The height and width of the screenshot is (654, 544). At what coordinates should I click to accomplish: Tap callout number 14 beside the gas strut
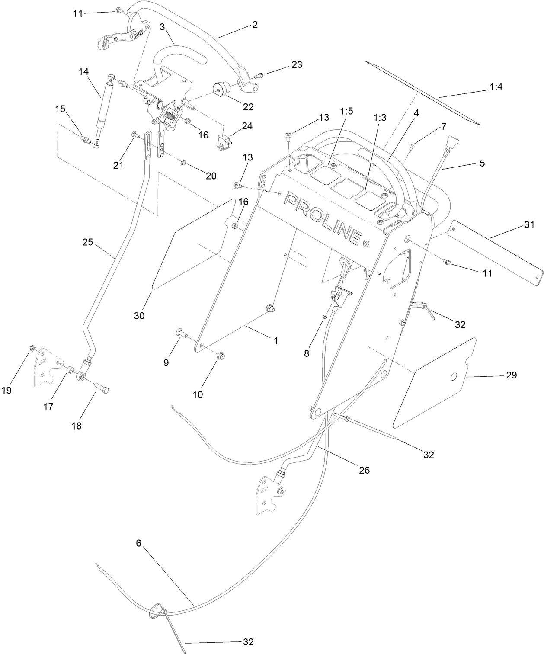[x=84, y=71]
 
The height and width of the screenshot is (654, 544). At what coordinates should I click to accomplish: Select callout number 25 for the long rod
[x=88, y=243]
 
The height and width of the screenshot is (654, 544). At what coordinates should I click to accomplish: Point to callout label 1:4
[x=496, y=87]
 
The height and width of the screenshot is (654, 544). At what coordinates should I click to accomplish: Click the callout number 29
[x=511, y=375]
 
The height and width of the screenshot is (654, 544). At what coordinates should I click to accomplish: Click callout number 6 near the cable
[x=138, y=543]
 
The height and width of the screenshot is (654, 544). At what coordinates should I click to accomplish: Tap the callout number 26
[x=365, y=470]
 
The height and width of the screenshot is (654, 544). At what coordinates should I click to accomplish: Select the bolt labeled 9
[x=180, y=333]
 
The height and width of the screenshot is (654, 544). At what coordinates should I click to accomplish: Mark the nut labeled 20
[x=183, y=163]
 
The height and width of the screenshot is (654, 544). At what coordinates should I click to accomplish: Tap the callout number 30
[x=139, y=316]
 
